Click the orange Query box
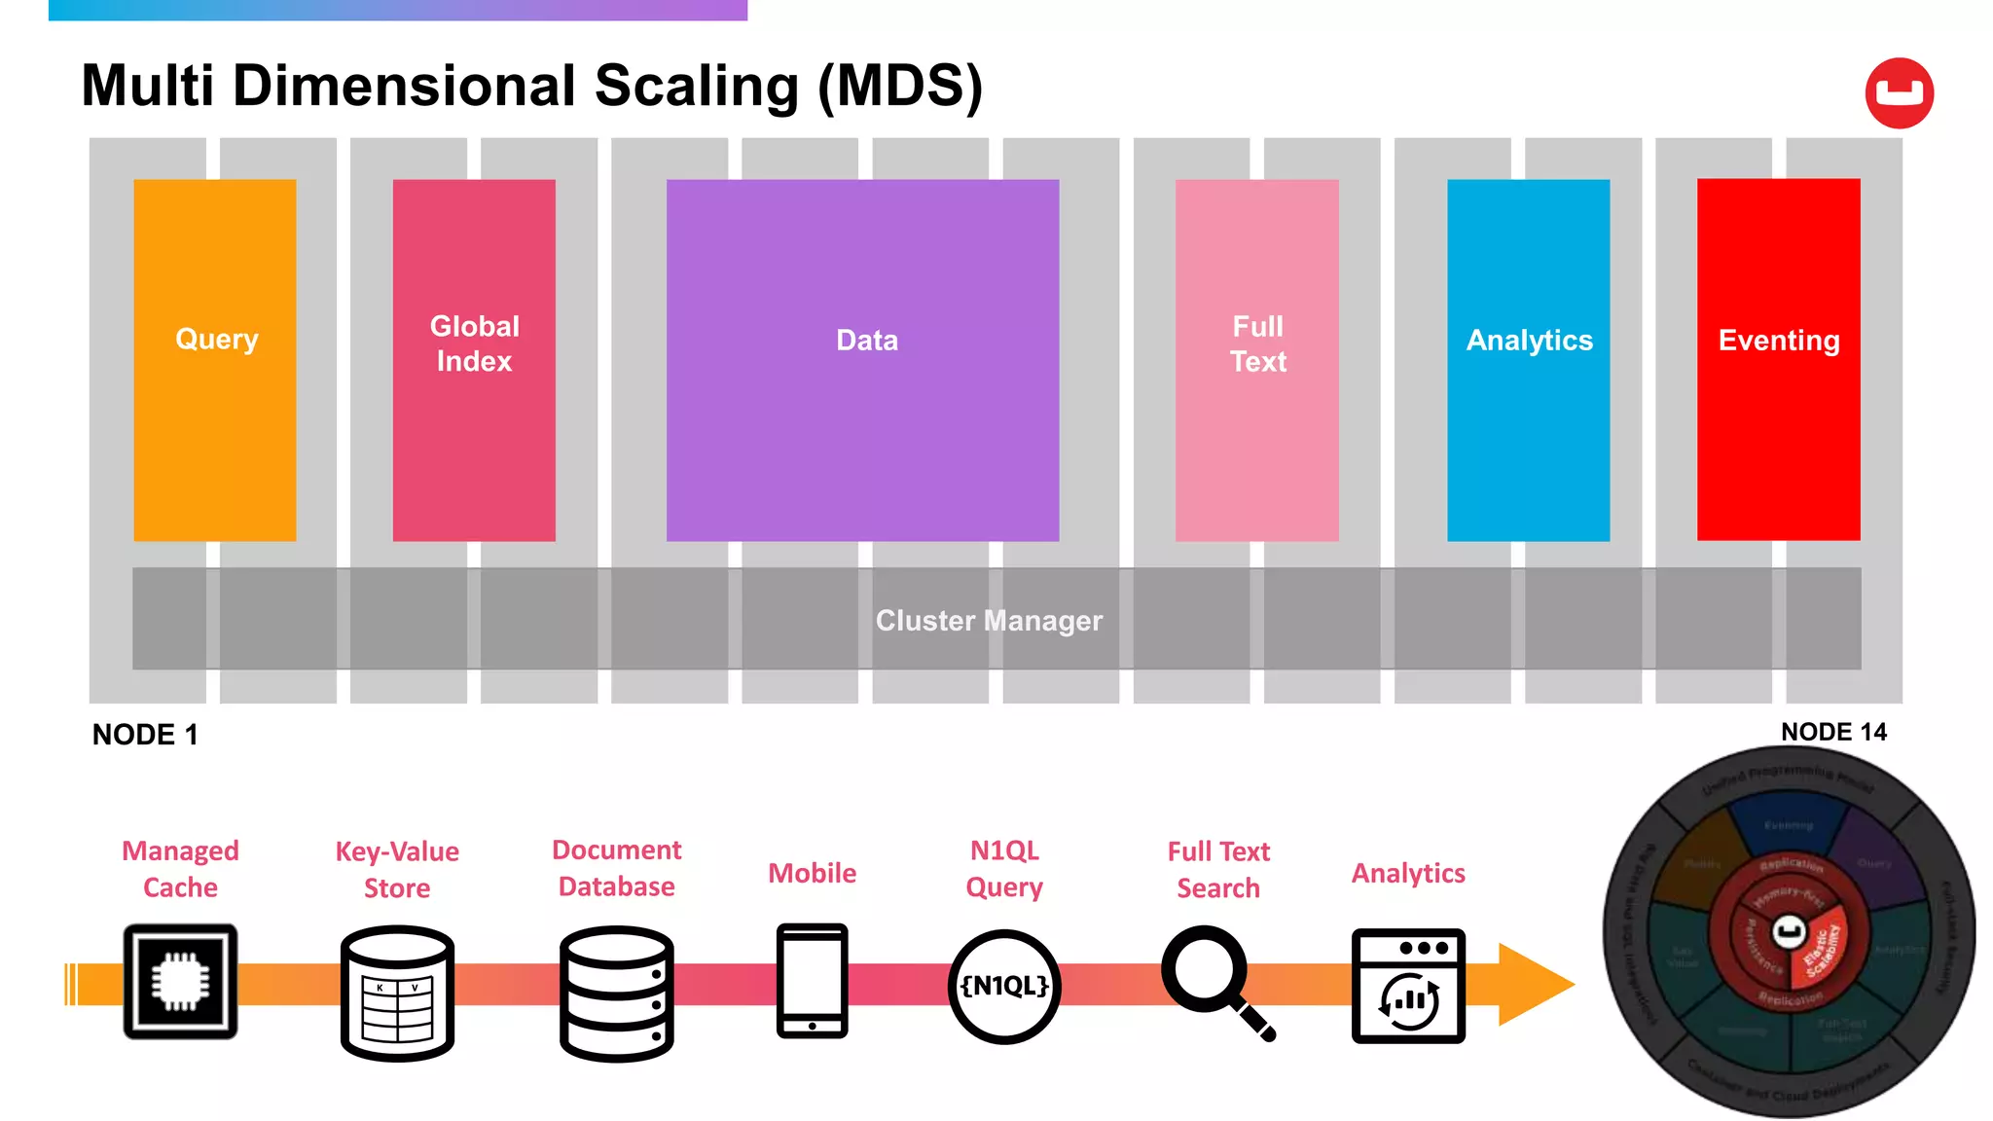[215, 360]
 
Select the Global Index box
[474, 360]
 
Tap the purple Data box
[862, 360]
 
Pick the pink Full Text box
[1256, 360]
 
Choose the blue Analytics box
[1528, 360]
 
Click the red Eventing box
[1778, 360]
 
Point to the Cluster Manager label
[989, 620]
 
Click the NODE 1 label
[145, 735]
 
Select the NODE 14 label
[1833, 732]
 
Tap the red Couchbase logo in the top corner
[1899, 93]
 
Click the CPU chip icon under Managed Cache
[180, 981]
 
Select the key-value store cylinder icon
[397, 993]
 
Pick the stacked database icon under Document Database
[617, 993]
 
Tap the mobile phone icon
[812, 981]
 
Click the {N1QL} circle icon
[1004, 986]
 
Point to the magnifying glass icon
[1212, 978]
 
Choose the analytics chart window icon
[1408, 986]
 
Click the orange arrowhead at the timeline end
[1533, 984]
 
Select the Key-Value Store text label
[397, 869]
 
